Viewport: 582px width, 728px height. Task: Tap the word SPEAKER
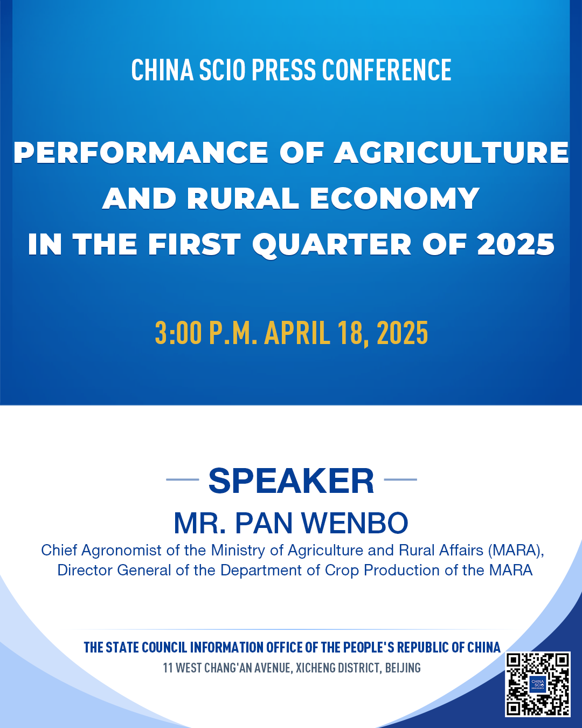click(291, 480)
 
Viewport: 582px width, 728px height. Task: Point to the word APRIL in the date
click(297, 333)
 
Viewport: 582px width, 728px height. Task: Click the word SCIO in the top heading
click(222, 70)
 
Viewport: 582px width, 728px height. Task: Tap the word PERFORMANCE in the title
click(141, 153)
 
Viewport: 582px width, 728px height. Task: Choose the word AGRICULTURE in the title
click(451, 153)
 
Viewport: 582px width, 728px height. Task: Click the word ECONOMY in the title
click(394, 198)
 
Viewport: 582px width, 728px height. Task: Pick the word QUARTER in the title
click(332, 244)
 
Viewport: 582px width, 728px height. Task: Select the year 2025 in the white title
click(516, 244)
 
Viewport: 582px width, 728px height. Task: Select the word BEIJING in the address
click(403, 668)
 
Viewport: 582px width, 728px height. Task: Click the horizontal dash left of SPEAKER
click(183, 479)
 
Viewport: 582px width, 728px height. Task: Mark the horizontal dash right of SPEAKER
click(400, 479)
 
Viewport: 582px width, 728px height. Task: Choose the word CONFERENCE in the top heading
click(386, 70)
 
